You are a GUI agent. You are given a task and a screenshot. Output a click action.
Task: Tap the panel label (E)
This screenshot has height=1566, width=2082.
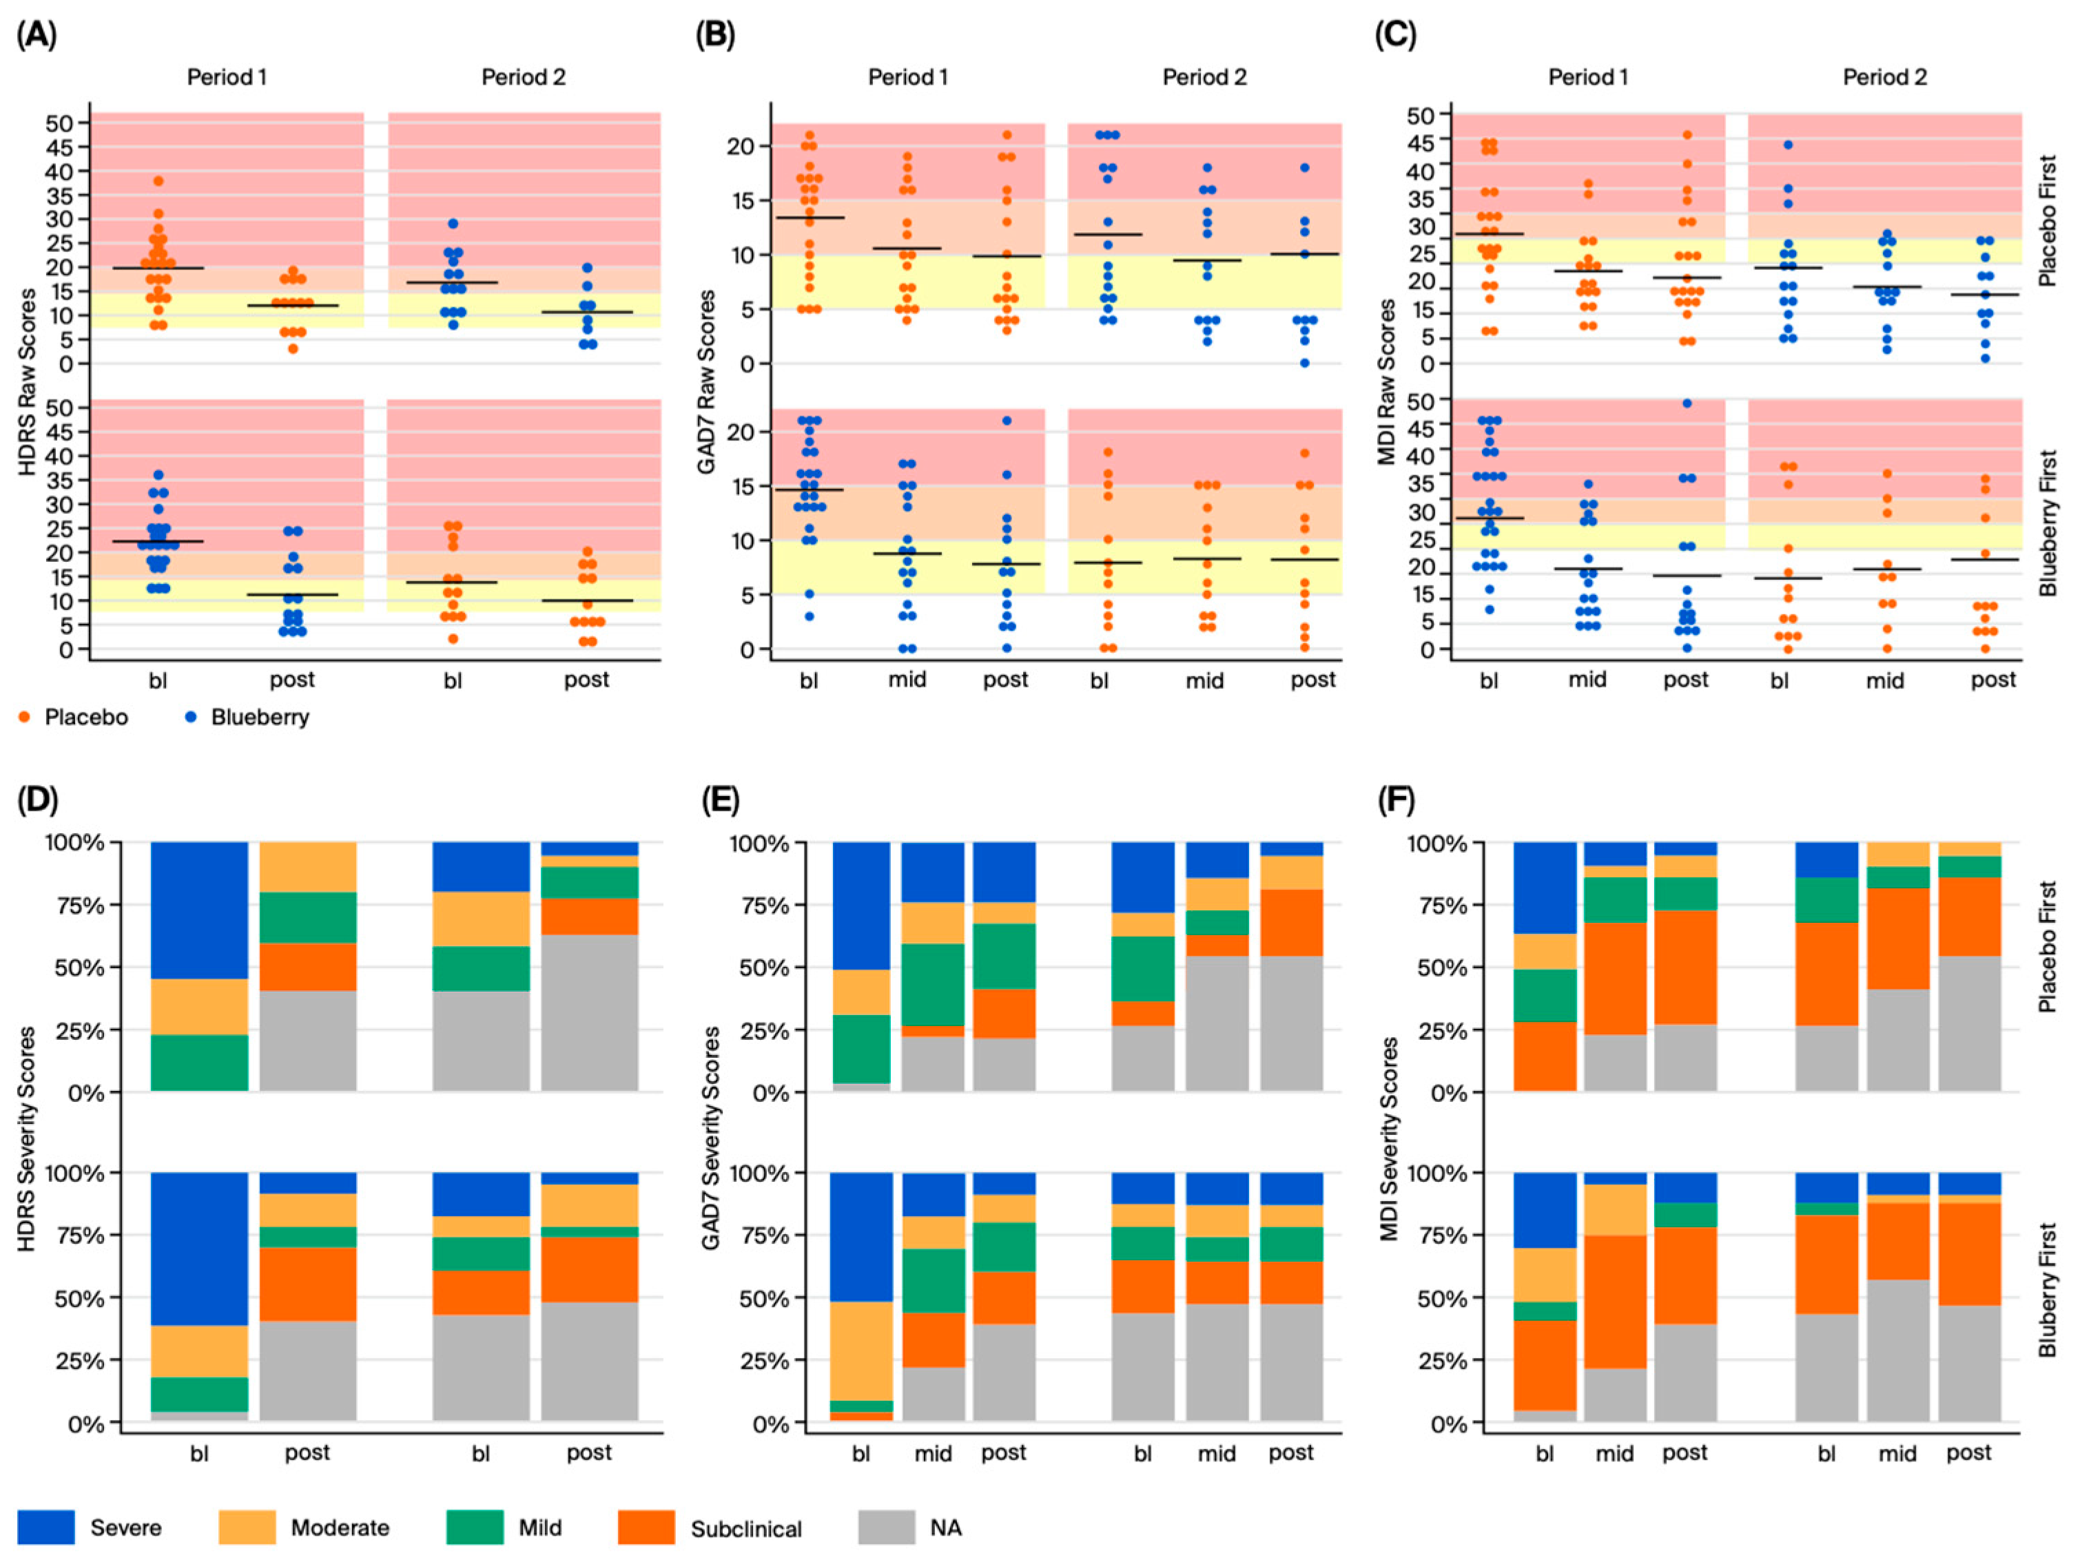[720, 800]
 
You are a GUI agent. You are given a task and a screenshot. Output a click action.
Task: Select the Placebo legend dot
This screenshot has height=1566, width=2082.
[25, 717]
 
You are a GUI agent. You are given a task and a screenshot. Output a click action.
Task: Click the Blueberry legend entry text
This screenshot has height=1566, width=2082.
[260, 717]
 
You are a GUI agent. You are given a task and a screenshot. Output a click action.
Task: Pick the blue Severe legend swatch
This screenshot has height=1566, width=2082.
[45, 1527]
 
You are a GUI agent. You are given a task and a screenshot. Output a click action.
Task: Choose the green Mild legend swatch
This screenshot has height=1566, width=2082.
[475, 1527]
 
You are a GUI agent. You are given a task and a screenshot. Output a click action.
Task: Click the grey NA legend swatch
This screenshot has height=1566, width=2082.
[886, 1527]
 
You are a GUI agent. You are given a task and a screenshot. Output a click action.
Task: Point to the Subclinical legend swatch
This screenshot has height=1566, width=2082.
[646, 1527]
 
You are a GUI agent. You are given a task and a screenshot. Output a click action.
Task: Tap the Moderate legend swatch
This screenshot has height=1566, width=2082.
[247, 1527]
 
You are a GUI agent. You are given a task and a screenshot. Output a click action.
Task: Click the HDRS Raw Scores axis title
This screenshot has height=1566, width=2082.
[28, 381]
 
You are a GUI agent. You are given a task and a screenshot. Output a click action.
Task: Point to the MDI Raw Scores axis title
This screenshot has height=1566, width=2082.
[1386, 381]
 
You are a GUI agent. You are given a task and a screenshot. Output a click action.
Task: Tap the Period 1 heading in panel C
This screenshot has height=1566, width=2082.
[1588, 77]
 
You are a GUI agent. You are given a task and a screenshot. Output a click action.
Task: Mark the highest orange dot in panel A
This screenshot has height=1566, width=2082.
[158, 180]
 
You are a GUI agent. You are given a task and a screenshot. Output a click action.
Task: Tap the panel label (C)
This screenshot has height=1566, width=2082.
[1396, 35]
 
